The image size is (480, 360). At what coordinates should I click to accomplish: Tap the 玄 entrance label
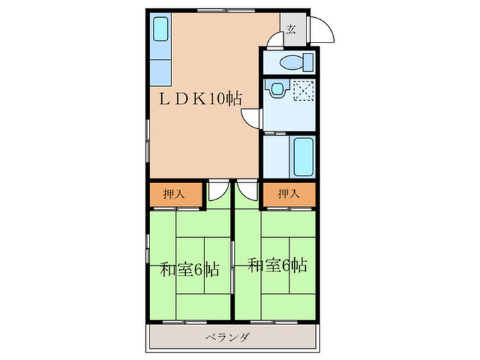click(x=291, y=29)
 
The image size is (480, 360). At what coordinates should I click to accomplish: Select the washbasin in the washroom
click(x=276, y=89)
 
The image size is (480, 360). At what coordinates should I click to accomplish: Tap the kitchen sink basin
click(x=160, y=29)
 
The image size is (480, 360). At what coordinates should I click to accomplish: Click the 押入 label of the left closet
click(x=176, y=195)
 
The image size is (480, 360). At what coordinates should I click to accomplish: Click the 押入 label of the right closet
click(x=289, y=195)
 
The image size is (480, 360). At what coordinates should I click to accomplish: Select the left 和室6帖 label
click(x=190, y=268)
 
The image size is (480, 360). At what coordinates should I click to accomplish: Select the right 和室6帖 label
click(x=277, y=265)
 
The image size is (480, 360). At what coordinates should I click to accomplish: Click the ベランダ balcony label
click(x=227, y=337)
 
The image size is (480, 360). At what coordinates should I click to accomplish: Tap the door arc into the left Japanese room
click(x=217, y=191)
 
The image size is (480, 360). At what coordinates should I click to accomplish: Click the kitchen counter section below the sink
click(x=160, y=69)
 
